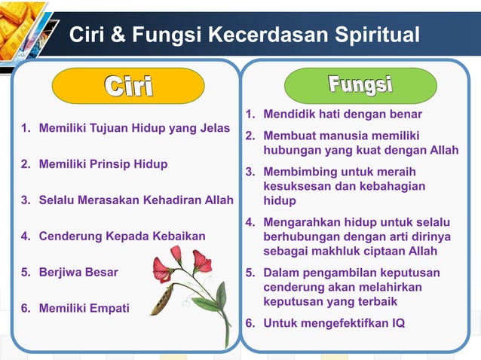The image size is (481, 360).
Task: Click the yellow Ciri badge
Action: click(x=127, y=86)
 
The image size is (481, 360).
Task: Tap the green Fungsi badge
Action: click(x=360, y=84)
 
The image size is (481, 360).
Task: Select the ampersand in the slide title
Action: click(x=116, y=35)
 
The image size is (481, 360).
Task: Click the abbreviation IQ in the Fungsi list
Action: click(x=396, y=323)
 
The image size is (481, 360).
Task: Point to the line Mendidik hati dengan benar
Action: click(x=342, y=114)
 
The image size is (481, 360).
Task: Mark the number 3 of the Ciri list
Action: click(x=25, y=200)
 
